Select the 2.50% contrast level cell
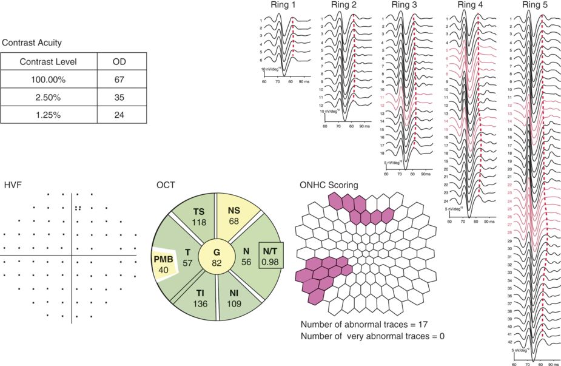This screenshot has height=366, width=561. [x=49, y=97]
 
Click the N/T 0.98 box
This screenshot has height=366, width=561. [x=270, y=256]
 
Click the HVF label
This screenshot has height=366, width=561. [x=13, y=185]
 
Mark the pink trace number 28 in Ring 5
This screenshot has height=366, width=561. [x=510, y=232]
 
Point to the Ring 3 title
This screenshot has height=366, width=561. [x=405, y=6]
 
